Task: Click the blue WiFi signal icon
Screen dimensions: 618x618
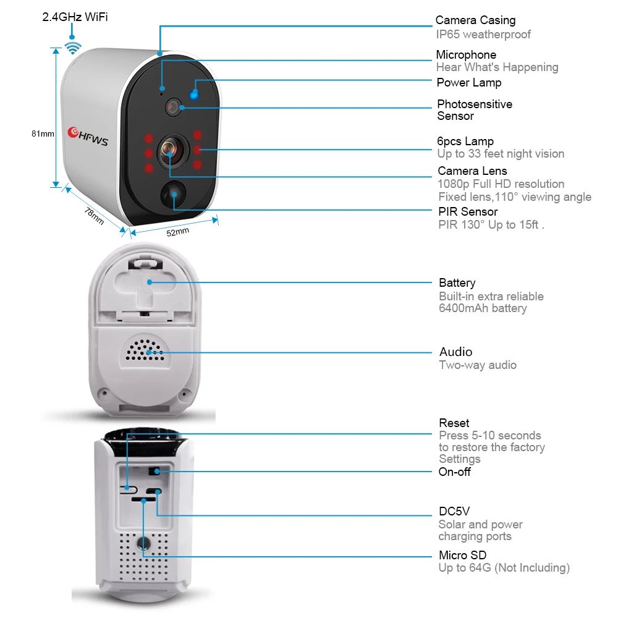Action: pos(74,47)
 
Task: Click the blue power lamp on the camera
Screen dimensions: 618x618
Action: pos(195,94)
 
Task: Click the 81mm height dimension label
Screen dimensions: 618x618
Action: pos(43,133)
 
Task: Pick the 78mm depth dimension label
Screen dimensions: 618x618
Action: pos(93,216)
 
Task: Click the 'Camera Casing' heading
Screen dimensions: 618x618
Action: pos(475,21)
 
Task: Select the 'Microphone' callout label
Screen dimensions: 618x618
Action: pos(466,55)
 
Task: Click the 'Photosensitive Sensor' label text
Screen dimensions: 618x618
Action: pos(475,110)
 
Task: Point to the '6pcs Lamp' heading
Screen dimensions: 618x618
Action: pos(465,142)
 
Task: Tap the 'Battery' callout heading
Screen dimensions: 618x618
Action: pos(457,283)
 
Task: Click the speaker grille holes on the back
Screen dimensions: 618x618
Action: pos(146,350)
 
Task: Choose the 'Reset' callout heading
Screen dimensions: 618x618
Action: pos(454,423)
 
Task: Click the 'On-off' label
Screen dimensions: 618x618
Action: pos(455,472)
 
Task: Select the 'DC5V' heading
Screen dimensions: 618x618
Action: pos(454,512)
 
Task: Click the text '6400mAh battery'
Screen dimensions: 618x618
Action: pos(483,308)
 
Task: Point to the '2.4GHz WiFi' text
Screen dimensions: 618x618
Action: pos(75,17)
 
